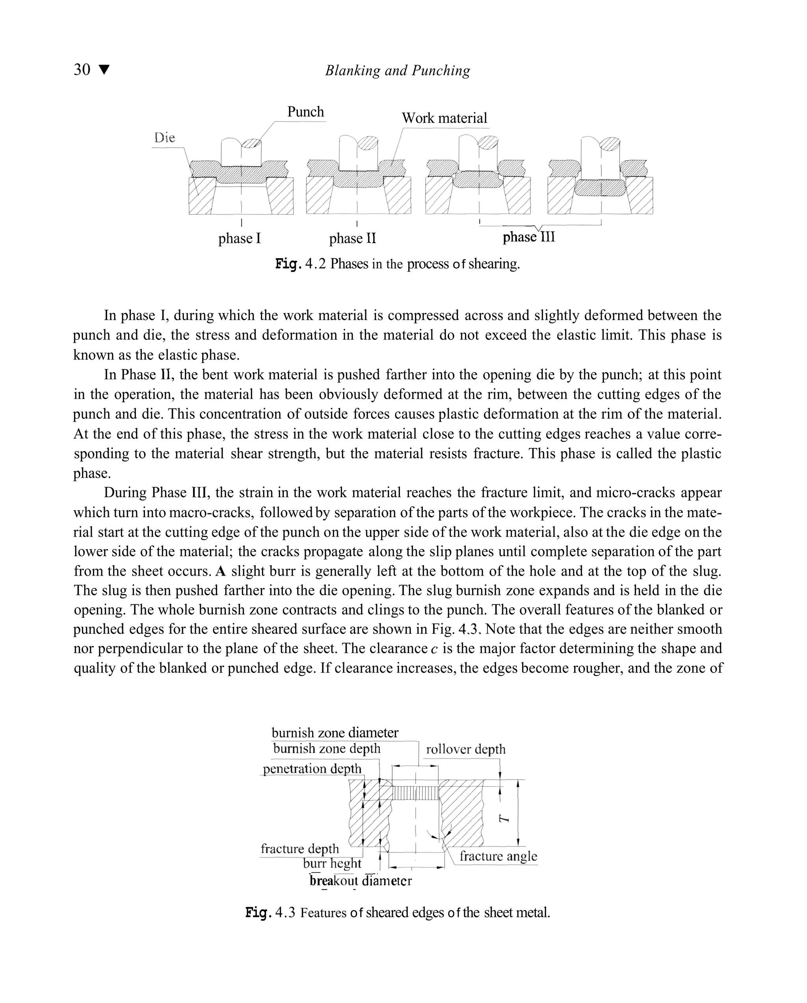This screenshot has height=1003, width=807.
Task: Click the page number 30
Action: pyautogui.click(x=82, y=70)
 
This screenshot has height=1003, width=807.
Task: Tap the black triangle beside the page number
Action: pyautogui.click(x=104, y=70)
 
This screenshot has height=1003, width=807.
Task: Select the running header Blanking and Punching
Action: pyautogui.click(x=398, y=71)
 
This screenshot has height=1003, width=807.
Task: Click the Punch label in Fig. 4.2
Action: pyautogui.click(x=305, y=112)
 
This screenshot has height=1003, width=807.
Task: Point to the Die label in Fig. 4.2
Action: pyautogui.click(x=165, y=138)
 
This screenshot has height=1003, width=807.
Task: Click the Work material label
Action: pyautogui.click(x=444, y=118)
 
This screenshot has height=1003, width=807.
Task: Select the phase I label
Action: pyautogui.click(x=240, y=239)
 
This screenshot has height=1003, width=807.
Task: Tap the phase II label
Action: pyautogui.click(x=352, y=239)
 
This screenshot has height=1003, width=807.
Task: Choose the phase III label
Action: pyautogui.click(x=528, y=237)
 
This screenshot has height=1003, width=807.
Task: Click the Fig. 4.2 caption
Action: pyautogui.click(x=398, y=264)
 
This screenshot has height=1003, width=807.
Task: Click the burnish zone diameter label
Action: pyautogui.click(x=335, y=733)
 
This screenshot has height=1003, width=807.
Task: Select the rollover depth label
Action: pyautogui.click(x=465, y=749)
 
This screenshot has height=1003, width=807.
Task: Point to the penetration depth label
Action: pyautogui.click(x=312, y=768)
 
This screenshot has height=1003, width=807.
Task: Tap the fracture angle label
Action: pyautogui.click(x=498, y=856)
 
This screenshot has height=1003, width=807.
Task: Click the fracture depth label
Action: pyautogui.click(x=300, y=848)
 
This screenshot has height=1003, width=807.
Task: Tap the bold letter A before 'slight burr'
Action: pyautogui.click(x=220, y=571)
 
